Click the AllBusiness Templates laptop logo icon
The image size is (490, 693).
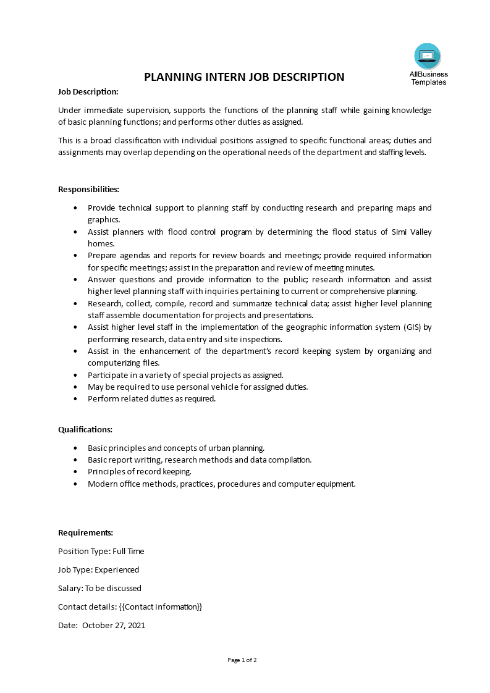pos(428,57)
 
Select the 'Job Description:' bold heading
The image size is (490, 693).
pos(88,91)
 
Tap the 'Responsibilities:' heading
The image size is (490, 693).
pos(88,189)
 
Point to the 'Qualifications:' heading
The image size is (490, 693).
pos(85,429)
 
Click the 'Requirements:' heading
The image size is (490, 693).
pos(85,532)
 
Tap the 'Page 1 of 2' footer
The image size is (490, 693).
pos(242,660)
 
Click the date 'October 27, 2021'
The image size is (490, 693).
pos(114,625)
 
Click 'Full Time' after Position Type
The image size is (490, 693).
pos(128,551)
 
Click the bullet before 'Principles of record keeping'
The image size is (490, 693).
pos(75,472)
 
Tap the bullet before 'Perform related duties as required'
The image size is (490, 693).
pos(75,399)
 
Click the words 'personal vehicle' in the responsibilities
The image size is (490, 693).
pos(184,387)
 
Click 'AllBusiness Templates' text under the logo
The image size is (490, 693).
pos(428,78)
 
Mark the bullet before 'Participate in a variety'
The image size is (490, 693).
pos(75,375)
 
